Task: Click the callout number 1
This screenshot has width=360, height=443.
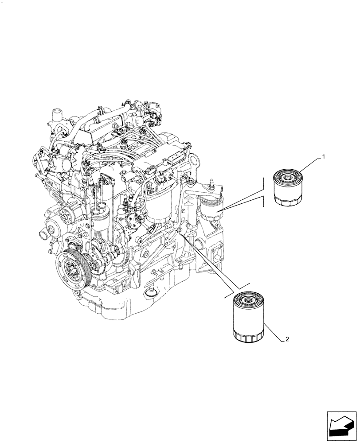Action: [324, 156]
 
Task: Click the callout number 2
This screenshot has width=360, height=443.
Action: [288, 339]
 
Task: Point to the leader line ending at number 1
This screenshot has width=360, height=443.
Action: [311, 164]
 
